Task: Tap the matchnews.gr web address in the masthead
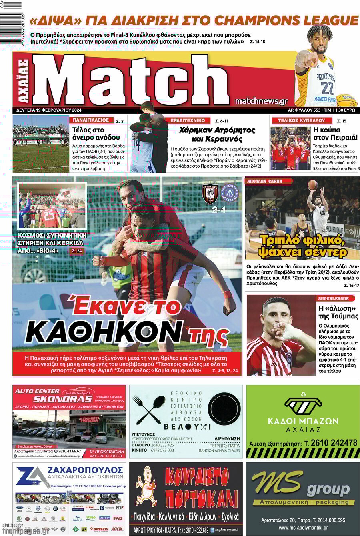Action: [x=261, y=101]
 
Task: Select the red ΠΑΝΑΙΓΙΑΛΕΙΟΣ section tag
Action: [x=91, y=120]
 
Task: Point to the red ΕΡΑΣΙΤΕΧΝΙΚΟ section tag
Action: [x=188, y=120]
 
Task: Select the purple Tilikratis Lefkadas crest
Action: [x=230, y=193]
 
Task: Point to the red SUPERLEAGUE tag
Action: [x=333, y=298]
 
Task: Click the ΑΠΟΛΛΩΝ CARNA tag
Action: [x=264, y=181]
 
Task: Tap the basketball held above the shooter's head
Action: [x=313, y=185]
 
